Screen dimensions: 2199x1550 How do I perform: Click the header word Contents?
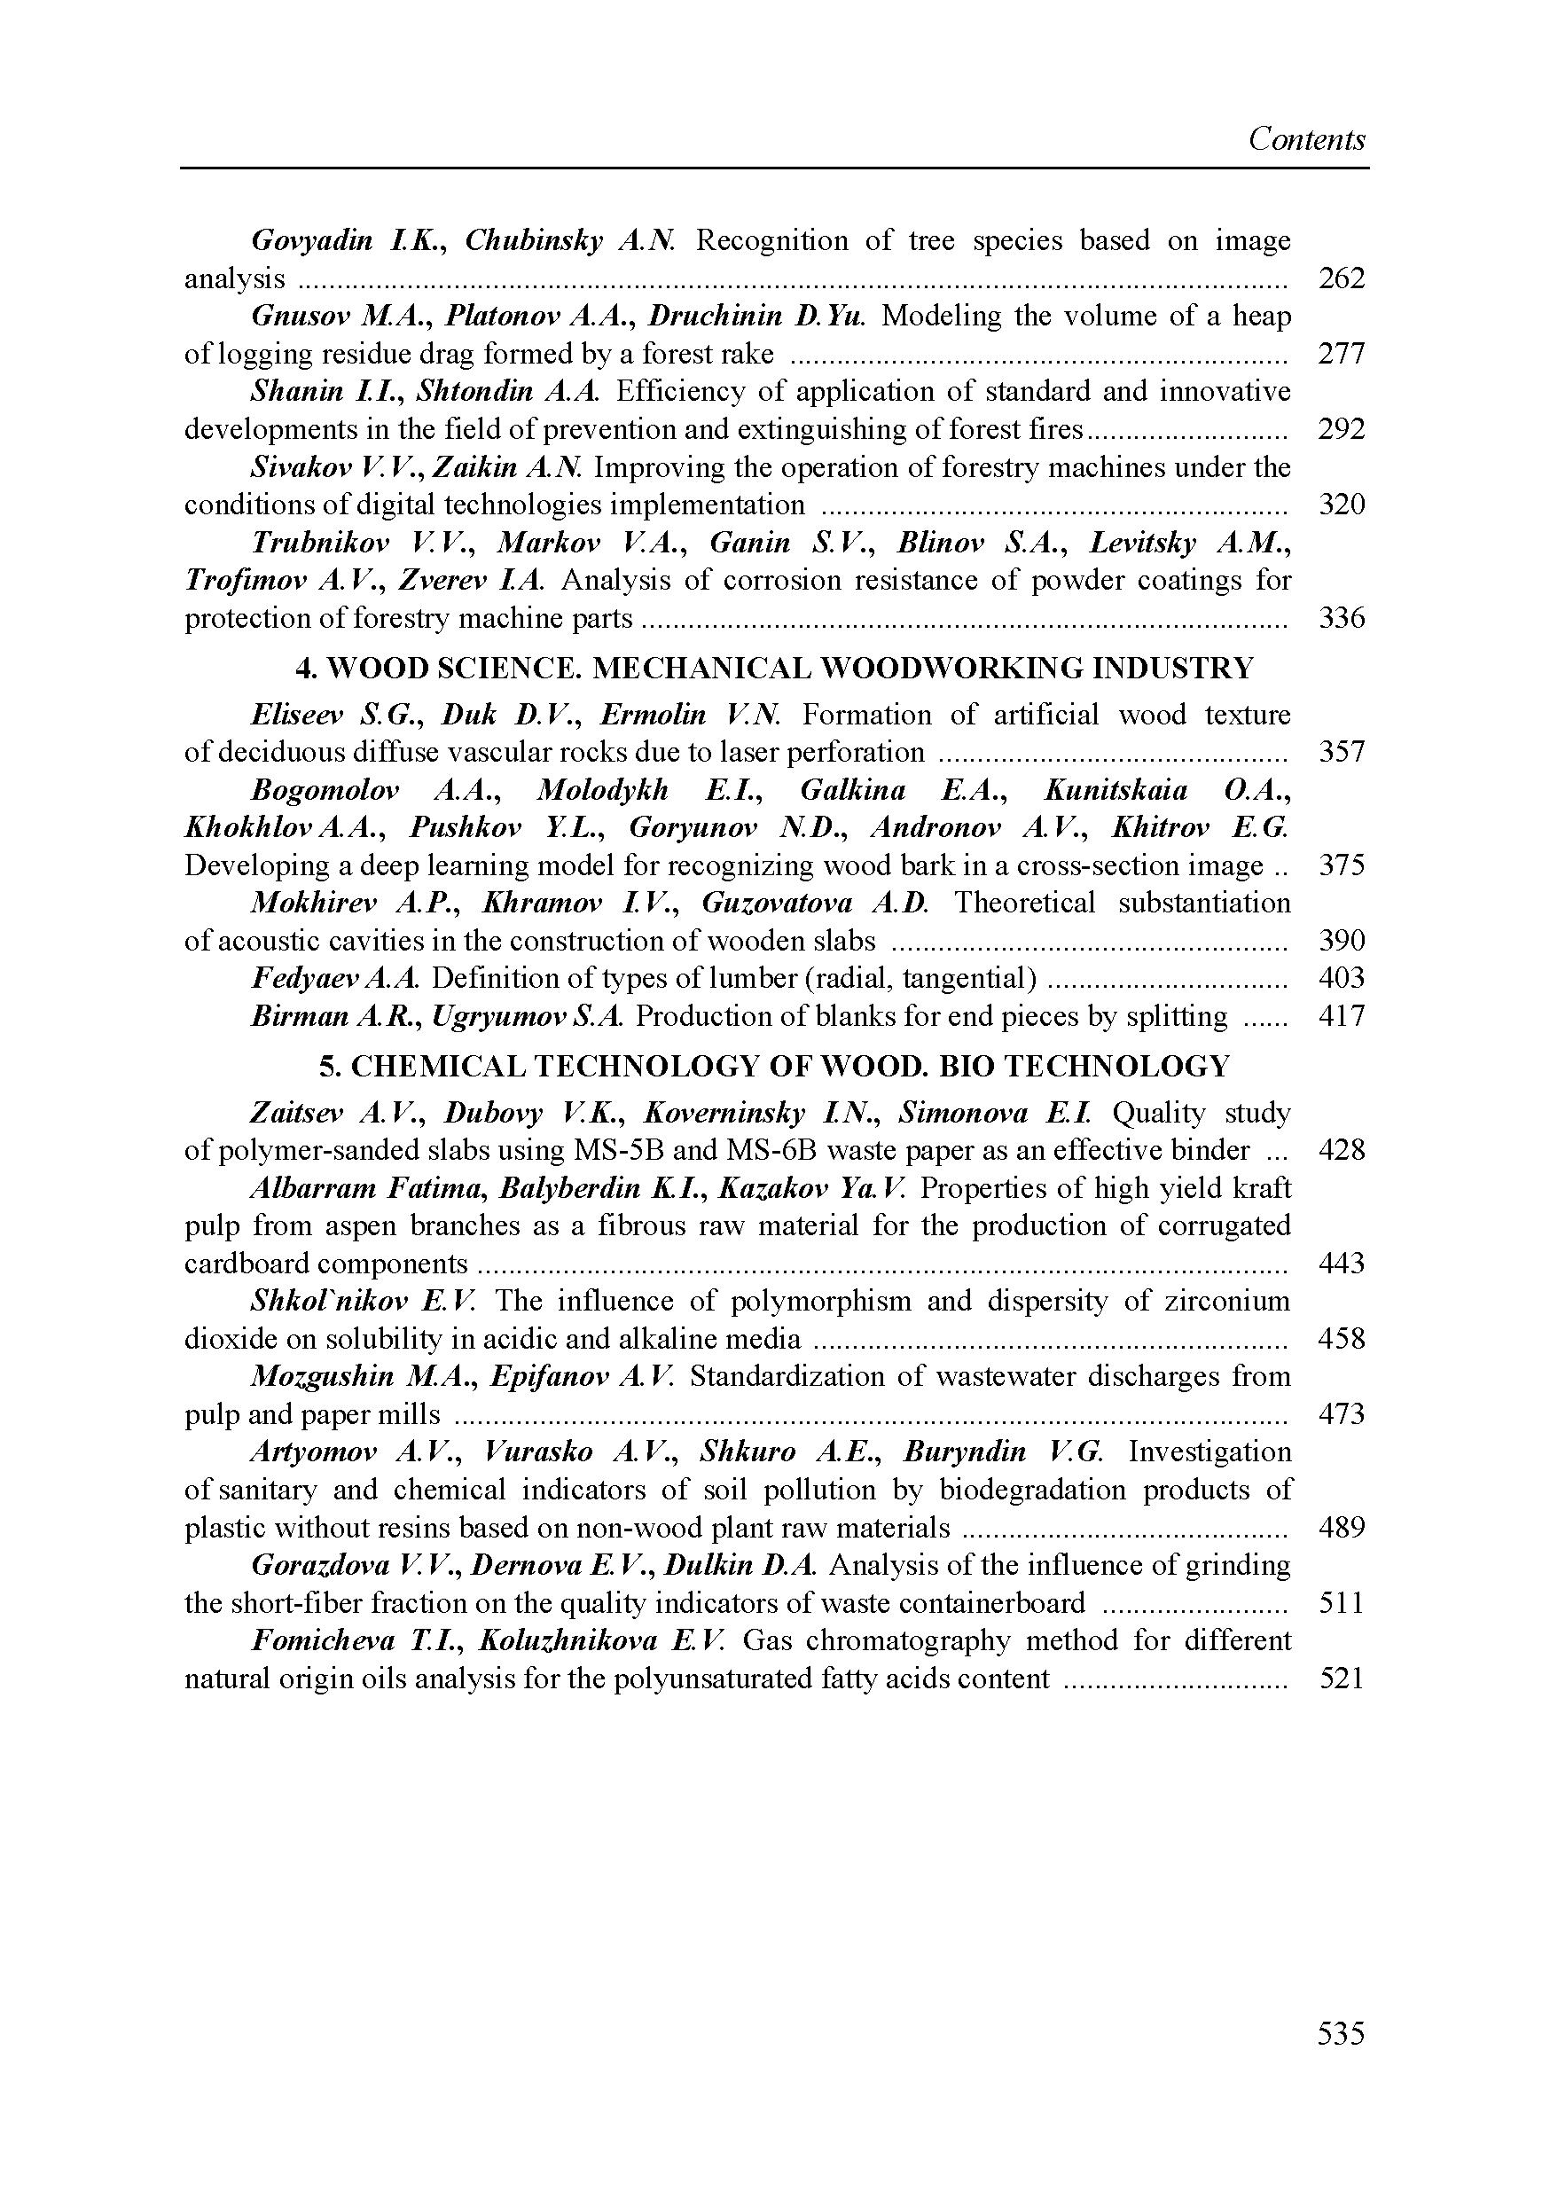tap(1306, 140)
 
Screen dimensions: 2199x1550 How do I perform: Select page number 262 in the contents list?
tap(1340, 278)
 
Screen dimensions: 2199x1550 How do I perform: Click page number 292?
tap(1340, 429)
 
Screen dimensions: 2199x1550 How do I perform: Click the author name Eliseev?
tap(297, 715)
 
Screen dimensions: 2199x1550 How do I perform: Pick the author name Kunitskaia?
tap(1116, 790)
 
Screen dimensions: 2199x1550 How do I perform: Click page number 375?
tap(1340, 865)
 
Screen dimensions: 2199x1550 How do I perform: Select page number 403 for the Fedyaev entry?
tap(1340, 978)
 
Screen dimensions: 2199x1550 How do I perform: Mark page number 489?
tap(1340, 1528)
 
